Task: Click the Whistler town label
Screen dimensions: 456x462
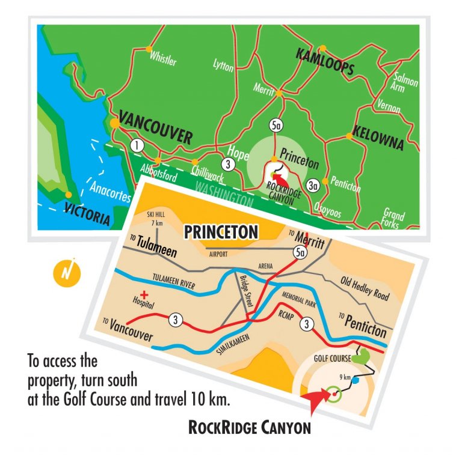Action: [164, 58]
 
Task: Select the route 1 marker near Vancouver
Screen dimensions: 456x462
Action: [137, 145]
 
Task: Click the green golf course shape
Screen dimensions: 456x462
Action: [360, 356]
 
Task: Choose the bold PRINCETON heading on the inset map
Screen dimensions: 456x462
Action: [221, 231]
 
